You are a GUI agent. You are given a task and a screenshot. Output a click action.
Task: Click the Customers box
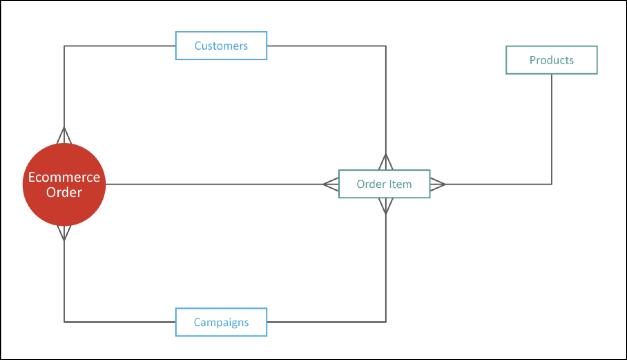pos(221,46)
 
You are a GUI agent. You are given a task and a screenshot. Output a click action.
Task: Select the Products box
pos(551,60)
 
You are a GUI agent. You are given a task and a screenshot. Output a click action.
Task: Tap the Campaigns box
pos(221,322)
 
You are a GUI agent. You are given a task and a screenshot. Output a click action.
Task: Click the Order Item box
pos(384,184)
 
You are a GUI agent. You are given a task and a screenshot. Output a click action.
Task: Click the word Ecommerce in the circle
pos(64,177)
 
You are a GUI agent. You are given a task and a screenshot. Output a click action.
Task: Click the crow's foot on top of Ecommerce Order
pos(64,136)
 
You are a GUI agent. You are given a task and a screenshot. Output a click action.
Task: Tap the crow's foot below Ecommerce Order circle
pos(64,233)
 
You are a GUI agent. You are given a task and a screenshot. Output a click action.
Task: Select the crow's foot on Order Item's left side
pos(331,184)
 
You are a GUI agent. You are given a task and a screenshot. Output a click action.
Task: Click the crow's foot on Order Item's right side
pos(437,184)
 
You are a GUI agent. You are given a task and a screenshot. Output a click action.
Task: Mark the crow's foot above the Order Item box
pos(386,162)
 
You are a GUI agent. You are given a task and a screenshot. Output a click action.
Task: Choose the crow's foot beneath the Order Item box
pos(386,206)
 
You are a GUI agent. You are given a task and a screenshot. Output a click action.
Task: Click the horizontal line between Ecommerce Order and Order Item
pos(214,184)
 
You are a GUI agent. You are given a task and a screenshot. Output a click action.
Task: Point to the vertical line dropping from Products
pos(551,128)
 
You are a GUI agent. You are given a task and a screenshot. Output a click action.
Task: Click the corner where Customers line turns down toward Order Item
pos(386,46)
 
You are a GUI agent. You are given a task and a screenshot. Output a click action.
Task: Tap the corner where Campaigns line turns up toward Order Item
pos(386,322)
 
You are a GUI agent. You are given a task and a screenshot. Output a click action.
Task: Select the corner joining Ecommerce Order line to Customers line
pos(64,46)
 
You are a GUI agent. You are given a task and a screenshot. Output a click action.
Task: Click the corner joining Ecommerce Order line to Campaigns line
pos(64,322)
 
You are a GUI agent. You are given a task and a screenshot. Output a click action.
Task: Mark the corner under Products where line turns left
pos(551,184)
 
